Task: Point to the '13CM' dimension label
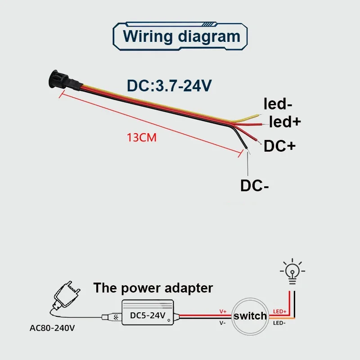coord(142,138)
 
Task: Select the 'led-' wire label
coord(278,105)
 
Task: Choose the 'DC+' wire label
coord(279,145)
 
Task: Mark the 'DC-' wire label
coord(254,185)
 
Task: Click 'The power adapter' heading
coord(153,288)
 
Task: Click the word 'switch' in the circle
coord(250,316)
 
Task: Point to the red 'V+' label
coord(223,311)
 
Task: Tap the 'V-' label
coord(223,323)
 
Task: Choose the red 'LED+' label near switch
coord(279,311)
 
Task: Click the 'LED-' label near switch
coord(279,323)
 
